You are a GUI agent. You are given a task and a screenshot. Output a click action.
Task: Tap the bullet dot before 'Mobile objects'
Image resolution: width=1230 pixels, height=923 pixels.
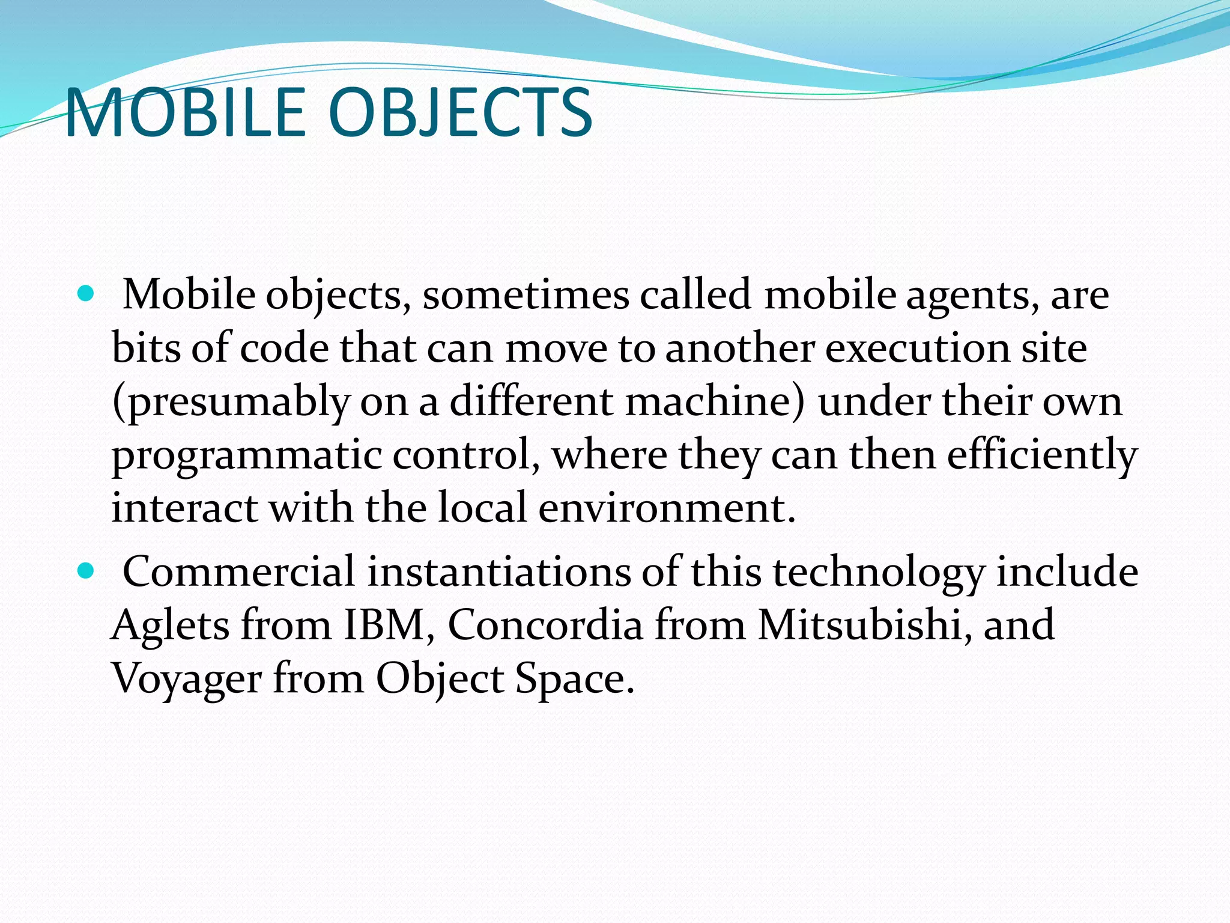coord(86,294)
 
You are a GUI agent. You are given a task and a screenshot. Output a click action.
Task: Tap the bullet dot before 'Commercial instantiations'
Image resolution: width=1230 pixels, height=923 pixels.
coord(86,571)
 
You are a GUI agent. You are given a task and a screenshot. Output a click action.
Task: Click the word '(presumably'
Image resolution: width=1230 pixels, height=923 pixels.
coord(231,403)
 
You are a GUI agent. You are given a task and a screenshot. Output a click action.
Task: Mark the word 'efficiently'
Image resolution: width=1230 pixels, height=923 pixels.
coord(1042,455)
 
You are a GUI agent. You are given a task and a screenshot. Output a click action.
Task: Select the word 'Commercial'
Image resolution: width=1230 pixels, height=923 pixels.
coord(238,571)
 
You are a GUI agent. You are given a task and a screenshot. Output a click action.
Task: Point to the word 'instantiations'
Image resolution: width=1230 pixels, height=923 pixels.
coord(498,571)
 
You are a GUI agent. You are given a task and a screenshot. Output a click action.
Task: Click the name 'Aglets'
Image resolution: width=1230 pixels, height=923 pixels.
coord(170,626)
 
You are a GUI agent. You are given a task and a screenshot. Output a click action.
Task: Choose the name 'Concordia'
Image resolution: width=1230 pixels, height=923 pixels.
coord(545,625)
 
